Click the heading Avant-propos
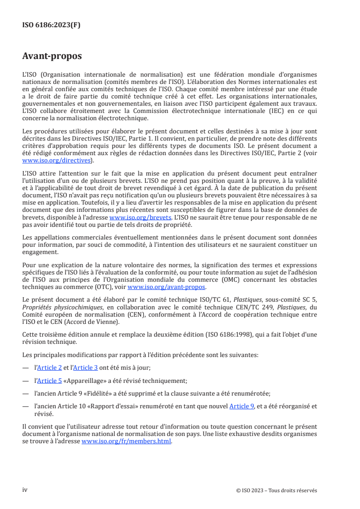52,56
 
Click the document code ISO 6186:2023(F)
51,25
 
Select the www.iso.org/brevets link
137,217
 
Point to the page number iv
25,490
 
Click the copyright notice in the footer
277,490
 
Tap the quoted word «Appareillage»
86,381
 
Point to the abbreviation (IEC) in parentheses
267,112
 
